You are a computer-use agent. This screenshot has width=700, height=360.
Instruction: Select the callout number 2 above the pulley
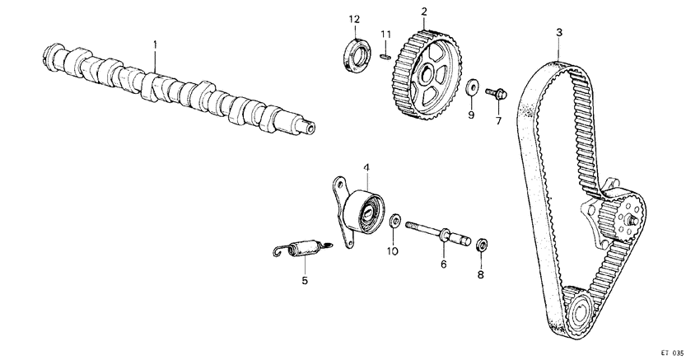click(424, 12)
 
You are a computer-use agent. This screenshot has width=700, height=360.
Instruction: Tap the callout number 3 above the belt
click(559, 32)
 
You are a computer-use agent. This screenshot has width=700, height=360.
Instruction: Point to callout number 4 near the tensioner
click(366, 168)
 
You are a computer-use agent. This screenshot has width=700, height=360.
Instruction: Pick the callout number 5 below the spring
click(304, 280)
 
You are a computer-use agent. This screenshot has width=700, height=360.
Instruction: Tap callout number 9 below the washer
click(471, 115)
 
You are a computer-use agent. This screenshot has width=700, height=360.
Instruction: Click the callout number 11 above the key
click(385, 33)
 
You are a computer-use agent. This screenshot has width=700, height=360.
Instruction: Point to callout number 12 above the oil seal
click(354, 19)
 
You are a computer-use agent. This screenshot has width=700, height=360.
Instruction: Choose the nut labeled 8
click(483, 244)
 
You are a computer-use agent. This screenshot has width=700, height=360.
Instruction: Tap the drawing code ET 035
click(672, 352)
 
